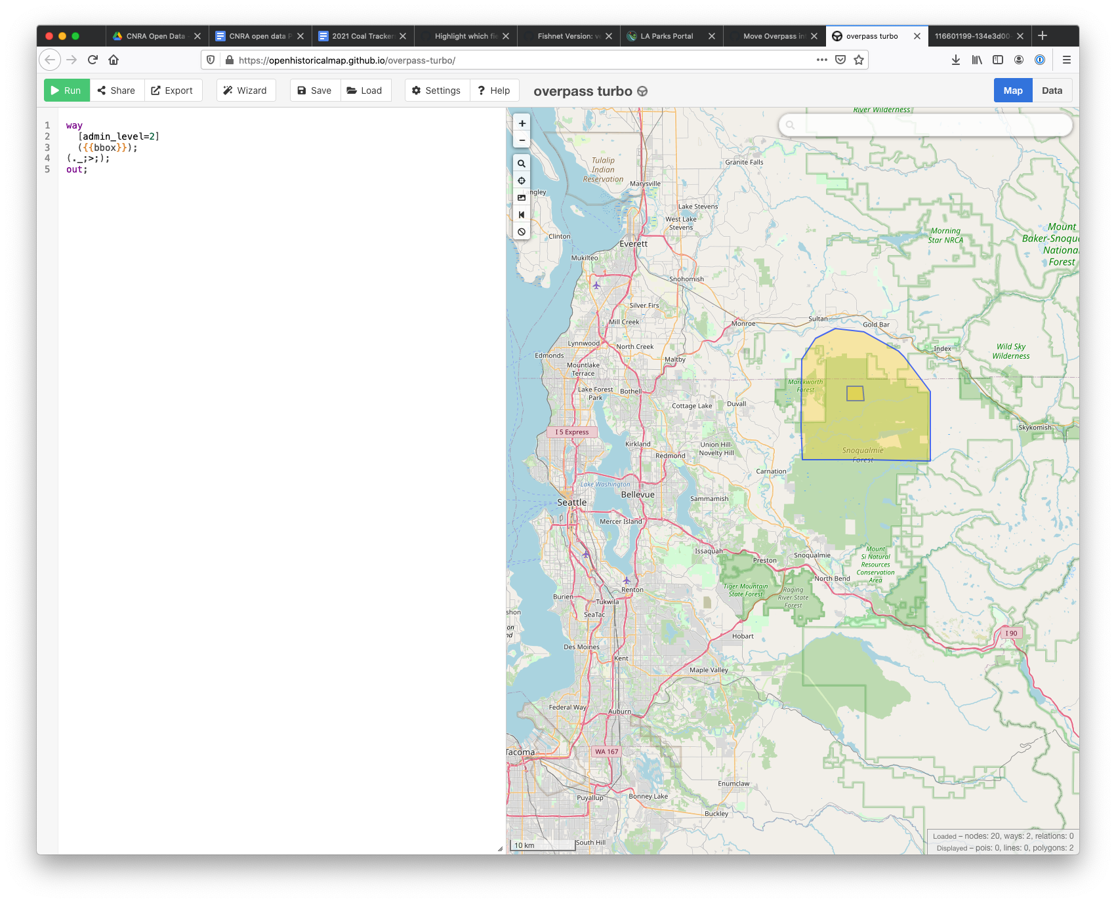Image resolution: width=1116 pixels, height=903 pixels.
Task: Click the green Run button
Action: point(66,90)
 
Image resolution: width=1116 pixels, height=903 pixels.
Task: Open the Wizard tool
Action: point(245,90)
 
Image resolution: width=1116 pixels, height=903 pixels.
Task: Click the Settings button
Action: point(436,90)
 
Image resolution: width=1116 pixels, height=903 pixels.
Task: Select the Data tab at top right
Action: point(1051,90)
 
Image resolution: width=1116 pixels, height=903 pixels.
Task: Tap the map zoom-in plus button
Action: point(522,123)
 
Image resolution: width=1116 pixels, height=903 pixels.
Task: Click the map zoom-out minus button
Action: point(522,140)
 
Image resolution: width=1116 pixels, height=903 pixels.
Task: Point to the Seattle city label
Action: point(571,502)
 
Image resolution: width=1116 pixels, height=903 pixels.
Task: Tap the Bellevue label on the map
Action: point(638,494)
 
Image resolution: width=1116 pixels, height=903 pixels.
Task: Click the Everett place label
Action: point(633,244)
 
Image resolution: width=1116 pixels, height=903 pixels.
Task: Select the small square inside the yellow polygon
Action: point(855,393)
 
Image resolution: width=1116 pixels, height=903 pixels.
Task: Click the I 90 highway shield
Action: point(1011,633)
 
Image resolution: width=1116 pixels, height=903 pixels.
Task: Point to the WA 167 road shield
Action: point(606,752)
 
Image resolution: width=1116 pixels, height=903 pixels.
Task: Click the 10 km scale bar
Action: point(542,845)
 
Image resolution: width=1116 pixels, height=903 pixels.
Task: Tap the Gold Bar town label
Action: point(876,325)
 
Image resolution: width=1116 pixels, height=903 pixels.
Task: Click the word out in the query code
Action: point(74,169)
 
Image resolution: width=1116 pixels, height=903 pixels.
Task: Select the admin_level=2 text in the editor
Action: point(119,136)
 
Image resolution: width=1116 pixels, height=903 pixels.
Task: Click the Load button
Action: point(365,90)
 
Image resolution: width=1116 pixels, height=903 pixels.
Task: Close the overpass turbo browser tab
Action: point(917,36)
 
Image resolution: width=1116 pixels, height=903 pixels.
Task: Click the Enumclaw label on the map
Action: point(733,784)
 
